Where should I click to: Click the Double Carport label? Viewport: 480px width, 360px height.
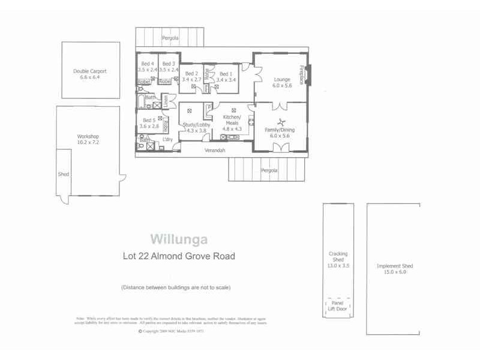coord(89,71)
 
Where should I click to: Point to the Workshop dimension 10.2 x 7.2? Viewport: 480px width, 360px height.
coord(88,143)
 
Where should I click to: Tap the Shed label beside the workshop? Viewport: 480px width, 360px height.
coord(63,175)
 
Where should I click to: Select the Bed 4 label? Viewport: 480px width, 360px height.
coord(148,64)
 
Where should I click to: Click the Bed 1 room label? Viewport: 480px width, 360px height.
coord(226,73)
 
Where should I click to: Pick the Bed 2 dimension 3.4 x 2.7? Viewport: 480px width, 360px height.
coord(192,79)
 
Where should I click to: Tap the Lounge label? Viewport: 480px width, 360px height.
coord(282,79)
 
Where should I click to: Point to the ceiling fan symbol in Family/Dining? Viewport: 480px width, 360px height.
coord(280,122)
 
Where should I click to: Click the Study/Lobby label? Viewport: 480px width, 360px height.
coord(194,124)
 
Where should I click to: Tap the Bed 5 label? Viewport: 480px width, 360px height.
coord(148,120)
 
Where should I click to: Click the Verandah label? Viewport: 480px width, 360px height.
coord(214,150)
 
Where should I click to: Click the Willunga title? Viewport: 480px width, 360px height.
coord(179,239)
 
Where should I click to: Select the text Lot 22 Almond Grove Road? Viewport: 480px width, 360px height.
coord(179,256)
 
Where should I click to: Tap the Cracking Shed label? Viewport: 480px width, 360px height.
coord(338,256)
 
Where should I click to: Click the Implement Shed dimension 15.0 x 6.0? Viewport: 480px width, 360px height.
coord(394,272)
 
